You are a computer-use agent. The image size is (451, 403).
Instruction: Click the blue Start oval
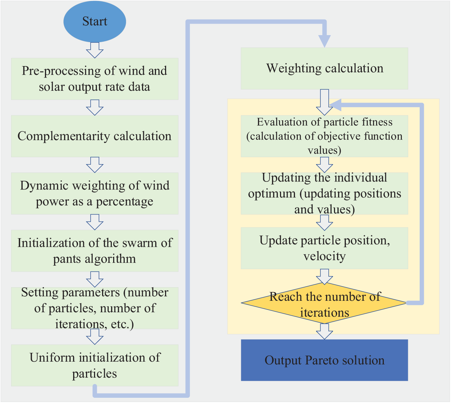95,21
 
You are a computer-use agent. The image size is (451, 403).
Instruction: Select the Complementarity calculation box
95,136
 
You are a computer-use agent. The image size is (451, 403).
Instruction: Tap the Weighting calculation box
324,68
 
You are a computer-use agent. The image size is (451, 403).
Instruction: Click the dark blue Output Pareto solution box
324,361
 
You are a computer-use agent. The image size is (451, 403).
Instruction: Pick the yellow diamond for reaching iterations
324,303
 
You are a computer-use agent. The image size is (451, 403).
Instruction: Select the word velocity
324,256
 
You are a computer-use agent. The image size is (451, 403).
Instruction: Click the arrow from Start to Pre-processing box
95,50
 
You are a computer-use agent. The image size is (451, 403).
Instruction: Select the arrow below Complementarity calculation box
95,165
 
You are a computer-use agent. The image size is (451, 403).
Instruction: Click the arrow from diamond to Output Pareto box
324,331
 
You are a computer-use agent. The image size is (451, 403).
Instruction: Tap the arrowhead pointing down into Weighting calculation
324,41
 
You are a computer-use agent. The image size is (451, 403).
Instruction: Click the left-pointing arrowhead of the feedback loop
335,105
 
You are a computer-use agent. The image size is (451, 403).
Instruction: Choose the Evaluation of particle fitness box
324,136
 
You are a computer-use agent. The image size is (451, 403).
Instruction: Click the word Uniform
52,358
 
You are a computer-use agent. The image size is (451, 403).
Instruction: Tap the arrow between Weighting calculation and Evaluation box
324,103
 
